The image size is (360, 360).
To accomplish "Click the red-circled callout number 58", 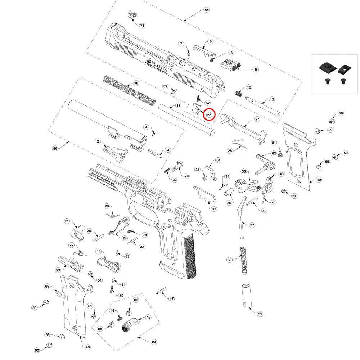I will (209, 114).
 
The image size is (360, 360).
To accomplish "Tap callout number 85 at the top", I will (206, 10).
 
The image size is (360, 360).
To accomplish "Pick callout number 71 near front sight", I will (142, 26).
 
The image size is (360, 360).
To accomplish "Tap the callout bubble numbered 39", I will (260, 314).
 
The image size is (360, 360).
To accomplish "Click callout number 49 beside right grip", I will (319, 180).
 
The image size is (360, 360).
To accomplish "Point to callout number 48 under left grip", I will (87, 347).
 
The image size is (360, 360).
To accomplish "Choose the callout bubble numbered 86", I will (55, 148).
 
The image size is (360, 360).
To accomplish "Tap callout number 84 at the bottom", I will (154, 342).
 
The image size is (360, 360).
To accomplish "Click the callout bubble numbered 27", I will (257, 119).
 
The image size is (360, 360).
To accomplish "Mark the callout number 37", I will (252, 225).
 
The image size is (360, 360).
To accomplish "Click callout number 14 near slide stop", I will (98, 251).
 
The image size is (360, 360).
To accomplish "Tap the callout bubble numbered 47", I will (172, 298).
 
